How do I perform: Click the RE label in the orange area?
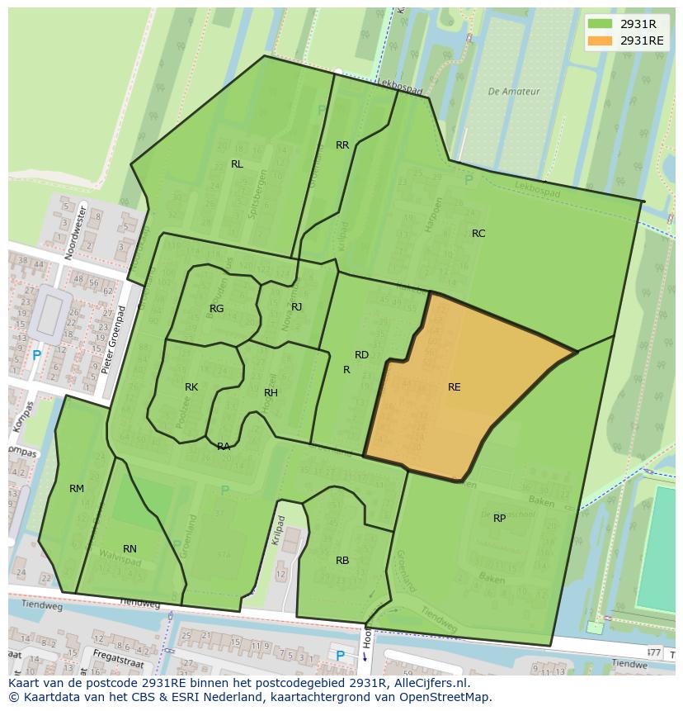pyautogui.click(x=454, y=387)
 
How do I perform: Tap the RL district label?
pyautogui.click(x=237, y=164)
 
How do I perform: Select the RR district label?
pyautogui.click(x=342, y=145)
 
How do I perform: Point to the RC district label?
pyautogui.click(x=478, y=234)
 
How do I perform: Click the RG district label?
pyautogui.click(x=216, y=309)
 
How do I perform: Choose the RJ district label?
pyautogui.click(x=296, y=307)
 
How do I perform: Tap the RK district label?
pyautogui.click(x=191, y=387)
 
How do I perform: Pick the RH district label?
pyautogui.click(x=271, y=393)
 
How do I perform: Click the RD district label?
pyautogui.click(x=361, y=355)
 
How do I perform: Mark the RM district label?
pyautogui.click(x=77, y=489)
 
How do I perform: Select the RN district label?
pyautogui.click(x=130, y=549)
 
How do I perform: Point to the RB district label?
pyautogui.click(x=342, y=561)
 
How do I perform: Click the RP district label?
pyautogui.click(x=499, y=519)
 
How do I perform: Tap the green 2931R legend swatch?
pyautogui.click(x=600, y=24)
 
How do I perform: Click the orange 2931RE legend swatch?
pyautogui.click(x=600, y=40)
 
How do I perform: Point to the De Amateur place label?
pyautogui.click(x=513, y=92)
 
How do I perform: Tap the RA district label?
pyautogui.click(x=224, y=447)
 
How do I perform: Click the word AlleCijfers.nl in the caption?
pyautogui.click(x=428, y=683)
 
